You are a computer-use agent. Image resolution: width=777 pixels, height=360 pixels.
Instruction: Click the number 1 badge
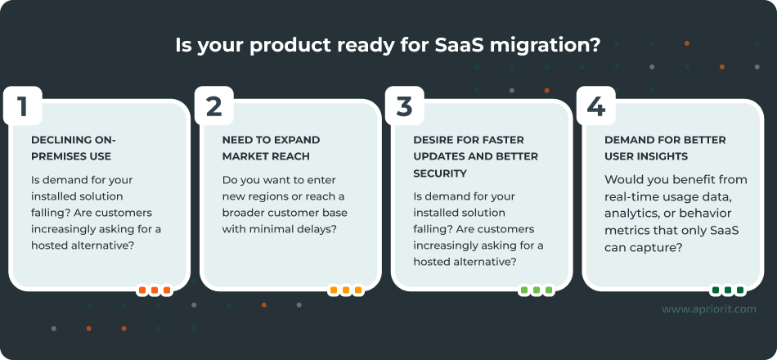(22, 106)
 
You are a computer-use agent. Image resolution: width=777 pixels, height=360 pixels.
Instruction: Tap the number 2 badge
(213, 106)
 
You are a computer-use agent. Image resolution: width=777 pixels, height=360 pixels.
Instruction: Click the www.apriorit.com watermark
(708, 309)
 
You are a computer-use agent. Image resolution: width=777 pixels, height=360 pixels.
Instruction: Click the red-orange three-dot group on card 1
(154, 290)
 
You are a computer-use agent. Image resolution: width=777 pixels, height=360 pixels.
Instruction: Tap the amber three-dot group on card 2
(345, 290)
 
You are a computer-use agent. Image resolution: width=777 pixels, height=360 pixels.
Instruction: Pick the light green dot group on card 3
(536, 290)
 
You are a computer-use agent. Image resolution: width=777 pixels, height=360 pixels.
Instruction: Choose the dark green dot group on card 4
(727, 290)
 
